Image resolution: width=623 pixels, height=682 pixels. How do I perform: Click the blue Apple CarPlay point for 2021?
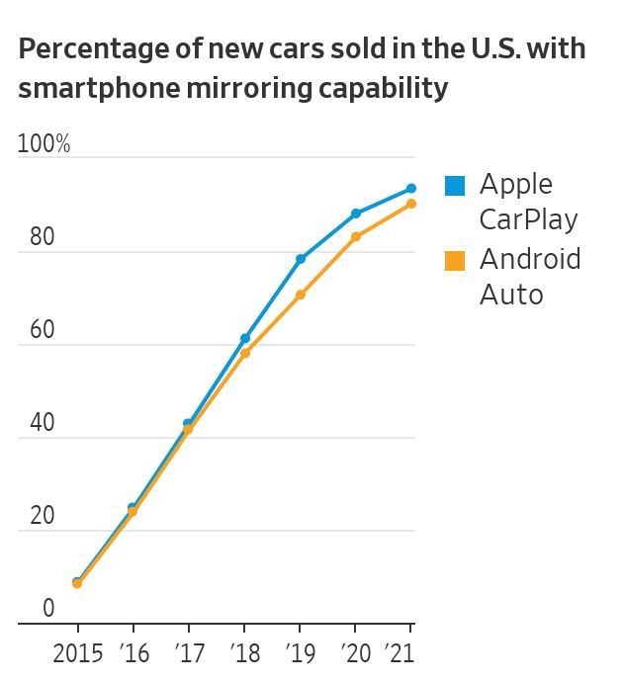[410, 189]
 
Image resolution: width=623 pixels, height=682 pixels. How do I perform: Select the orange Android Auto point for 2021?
[410, 204]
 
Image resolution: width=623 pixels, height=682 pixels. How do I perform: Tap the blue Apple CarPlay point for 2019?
[300, 259]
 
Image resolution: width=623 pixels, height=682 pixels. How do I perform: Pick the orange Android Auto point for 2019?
[300, 295]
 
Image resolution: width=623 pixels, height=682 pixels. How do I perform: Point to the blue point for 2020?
[355, 213]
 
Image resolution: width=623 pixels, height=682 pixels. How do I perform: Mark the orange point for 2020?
[355, 236]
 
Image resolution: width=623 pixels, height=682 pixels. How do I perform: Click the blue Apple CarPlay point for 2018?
[244, 338]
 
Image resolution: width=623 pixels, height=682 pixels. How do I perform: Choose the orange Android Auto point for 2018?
[244, 353]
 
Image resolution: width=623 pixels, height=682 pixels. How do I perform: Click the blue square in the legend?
[455, 185]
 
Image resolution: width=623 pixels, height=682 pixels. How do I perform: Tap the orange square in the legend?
[455, 261]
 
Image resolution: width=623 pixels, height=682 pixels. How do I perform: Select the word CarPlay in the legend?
[528, 218]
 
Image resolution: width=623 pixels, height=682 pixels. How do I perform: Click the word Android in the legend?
[530, 259]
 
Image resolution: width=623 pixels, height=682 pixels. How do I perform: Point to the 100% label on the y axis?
[44, 144]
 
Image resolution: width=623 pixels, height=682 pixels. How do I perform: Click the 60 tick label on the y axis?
[42, 330]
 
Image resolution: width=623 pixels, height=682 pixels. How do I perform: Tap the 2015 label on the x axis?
[78, 652]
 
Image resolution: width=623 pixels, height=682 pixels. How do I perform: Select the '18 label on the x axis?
[244, 652]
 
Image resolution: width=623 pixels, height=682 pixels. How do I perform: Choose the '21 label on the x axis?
[400, 652]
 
